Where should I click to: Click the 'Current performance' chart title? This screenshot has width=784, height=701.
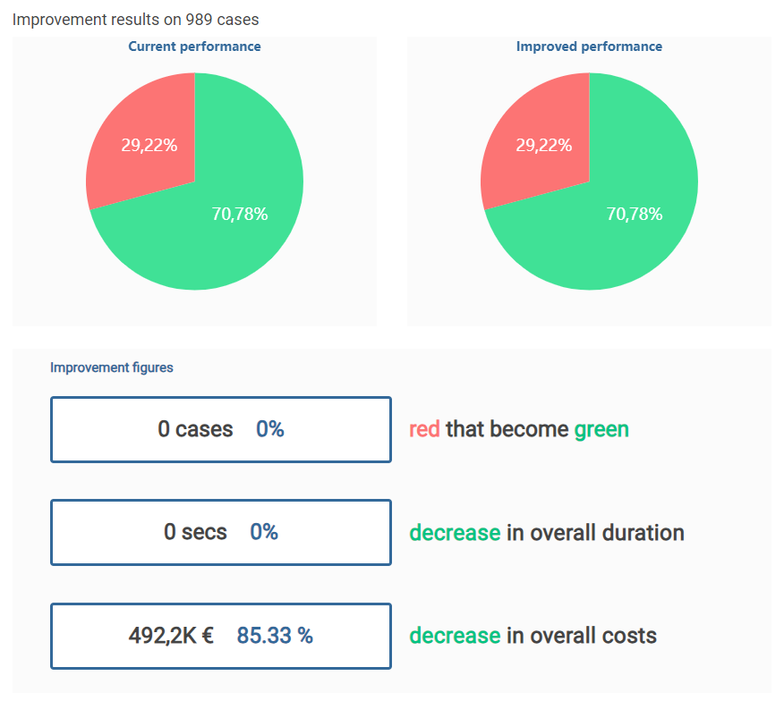click(194, 46)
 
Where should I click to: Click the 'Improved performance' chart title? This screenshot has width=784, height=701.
click(589, 46)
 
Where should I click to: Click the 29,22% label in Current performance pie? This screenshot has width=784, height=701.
click(149, 146)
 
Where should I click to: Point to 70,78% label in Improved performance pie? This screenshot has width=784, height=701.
click(635, 214)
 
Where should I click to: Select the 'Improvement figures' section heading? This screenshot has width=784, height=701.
click(112, 367)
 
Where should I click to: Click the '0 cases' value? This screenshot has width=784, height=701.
click(195, 429)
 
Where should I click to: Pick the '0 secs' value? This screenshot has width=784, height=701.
click(195, 533)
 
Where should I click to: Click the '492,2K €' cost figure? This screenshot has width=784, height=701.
click(171, 636)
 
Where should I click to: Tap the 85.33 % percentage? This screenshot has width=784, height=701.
click(275, 636)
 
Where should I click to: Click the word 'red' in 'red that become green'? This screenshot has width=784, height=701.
click(424, 429)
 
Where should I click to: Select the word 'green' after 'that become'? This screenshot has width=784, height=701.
click(601, 429)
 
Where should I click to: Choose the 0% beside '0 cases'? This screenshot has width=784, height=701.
click(270, 429)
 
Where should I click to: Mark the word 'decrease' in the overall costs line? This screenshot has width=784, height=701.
click(455, 636)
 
